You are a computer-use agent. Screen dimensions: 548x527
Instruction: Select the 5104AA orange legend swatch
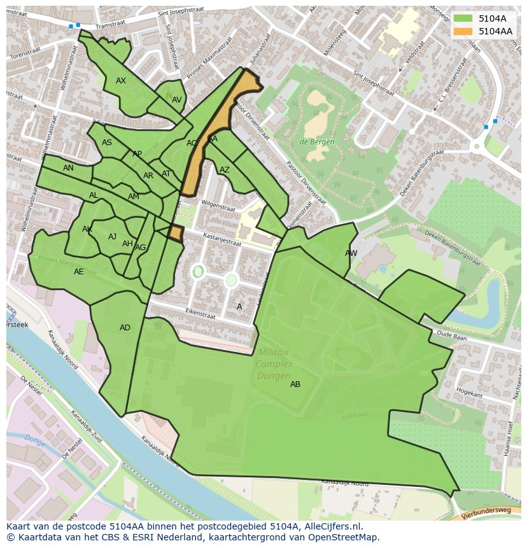coord(463,31)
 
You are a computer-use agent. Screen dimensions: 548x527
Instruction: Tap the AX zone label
coord(121,81)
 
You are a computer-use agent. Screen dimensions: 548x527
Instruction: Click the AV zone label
coord(177,100)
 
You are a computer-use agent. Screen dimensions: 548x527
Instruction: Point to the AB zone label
coord(295,384)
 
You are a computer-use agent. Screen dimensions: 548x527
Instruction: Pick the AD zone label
coord(125,328)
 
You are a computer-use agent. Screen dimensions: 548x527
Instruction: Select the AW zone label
coord(351,253)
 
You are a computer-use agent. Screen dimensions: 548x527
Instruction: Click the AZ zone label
coord(224,170)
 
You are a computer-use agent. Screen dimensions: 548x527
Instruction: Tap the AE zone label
coord(78,272)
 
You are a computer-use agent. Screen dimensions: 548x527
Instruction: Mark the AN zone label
coord(68,168)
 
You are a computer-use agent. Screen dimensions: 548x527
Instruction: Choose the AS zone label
coord(107,143)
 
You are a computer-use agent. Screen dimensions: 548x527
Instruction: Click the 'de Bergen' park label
coord(317,142)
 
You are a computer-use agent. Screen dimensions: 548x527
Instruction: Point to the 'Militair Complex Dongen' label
coord(274,364)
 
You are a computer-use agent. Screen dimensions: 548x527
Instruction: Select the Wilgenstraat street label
coord(218,206)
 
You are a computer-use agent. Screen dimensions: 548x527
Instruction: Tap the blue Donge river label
coord(36,439)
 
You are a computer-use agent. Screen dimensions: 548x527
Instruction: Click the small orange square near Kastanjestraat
coord(175,233)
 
